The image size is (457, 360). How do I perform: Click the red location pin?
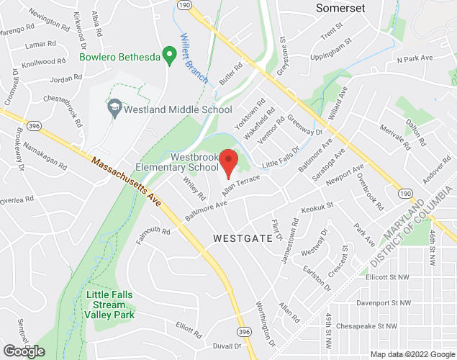229,163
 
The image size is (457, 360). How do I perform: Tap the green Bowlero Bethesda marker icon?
170,54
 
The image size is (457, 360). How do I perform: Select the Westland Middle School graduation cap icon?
114,109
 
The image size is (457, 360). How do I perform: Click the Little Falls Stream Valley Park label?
114,305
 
